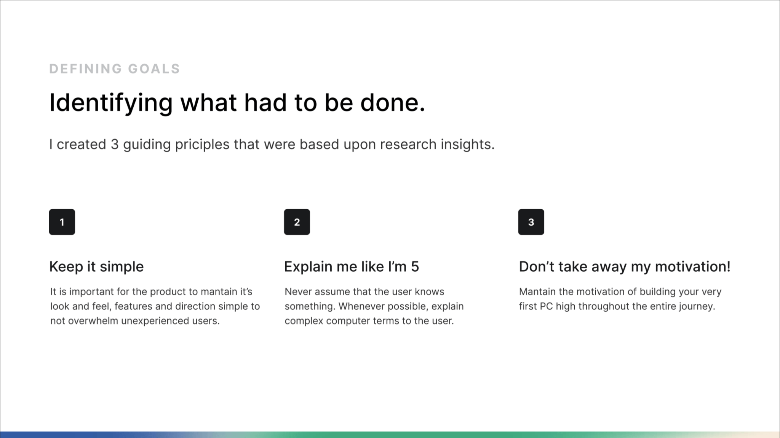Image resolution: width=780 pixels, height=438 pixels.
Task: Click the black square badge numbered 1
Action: pos(62,222)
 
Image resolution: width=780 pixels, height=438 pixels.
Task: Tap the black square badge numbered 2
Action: pos(297,222)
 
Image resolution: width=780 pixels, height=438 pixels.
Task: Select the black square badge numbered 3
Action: pos(531,222)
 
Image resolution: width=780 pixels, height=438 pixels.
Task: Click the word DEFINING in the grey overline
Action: pos(85,69)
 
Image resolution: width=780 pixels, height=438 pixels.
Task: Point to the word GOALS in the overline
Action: pos(154,69)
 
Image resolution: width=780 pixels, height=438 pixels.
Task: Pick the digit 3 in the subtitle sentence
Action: pos(115,145)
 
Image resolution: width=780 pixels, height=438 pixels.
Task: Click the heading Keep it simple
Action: pos(97,267)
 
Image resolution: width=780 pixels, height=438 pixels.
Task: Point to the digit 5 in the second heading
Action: pos(415,267)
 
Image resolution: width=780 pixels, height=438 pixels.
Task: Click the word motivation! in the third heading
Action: pos(693,266)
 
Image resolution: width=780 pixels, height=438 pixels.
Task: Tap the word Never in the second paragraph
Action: pos(297,291)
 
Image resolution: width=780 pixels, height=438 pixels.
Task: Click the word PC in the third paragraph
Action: pos(547,306)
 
